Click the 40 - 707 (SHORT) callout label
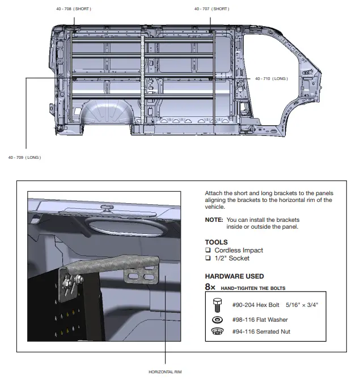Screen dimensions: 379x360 click(211, 9)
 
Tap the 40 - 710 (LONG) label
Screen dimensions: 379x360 click(272, 78)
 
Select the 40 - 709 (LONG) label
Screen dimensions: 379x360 click(24, 157)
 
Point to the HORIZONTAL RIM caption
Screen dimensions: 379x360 click(166, 372)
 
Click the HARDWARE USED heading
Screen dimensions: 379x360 click(234, 276)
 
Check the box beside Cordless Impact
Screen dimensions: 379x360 click(208, 250)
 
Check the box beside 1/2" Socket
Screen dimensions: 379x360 click(208, 258)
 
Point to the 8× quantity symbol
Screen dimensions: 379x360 click(210, 288)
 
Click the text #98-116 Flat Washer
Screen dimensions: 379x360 click(260, 320)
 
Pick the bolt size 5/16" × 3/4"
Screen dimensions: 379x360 click(302, 305)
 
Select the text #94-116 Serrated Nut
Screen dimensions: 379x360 click(261, 331)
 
